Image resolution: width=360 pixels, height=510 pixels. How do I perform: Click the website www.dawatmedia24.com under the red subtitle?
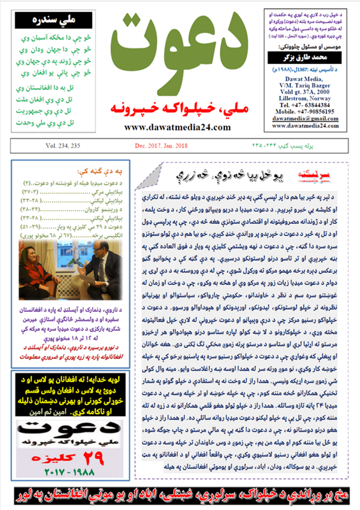pos(177,127)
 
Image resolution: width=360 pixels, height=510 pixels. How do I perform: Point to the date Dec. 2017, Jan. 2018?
pos(161,146)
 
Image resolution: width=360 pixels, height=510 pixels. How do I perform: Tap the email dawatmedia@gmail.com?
pos(305,119)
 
